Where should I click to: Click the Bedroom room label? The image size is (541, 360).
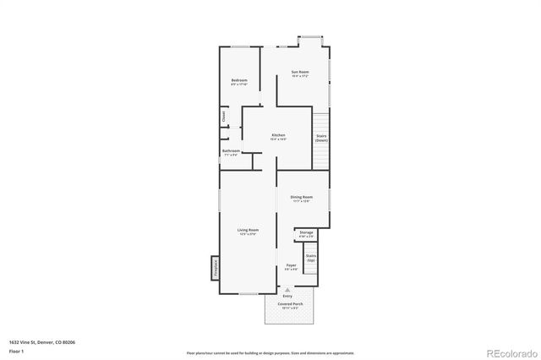coord(239,81)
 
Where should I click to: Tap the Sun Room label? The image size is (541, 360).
coord(300,73)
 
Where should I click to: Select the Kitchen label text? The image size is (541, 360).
coord(278,135)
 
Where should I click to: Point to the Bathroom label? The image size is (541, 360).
coord(231,151)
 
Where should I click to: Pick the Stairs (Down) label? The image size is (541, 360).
coord(321,138)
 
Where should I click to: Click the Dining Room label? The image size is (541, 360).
coord(302,198)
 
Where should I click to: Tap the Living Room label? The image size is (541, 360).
coord(248,230)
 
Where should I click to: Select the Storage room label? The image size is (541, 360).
coord(306,232)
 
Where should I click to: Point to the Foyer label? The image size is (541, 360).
coord(291,265)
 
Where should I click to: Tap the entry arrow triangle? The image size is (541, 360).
coord(287,289)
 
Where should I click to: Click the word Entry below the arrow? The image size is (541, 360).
coord(287,296)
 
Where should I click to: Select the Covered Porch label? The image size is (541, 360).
coord(289,304)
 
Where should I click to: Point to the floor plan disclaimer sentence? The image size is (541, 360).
coord(270,352)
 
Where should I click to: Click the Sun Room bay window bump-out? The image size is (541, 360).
coord(310,41)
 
